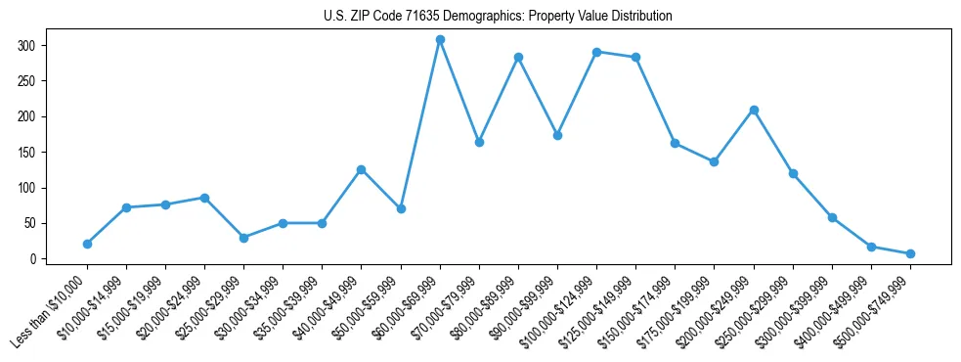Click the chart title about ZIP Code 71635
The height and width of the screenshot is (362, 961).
click(x=498, y=17)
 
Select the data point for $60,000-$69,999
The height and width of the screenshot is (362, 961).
click(x=440, y=40)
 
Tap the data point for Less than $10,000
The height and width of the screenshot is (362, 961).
click(x=87, y=244)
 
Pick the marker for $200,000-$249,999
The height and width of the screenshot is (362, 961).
click(x=754, y=110)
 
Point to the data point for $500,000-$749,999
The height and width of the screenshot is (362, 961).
click(x=910, y=253)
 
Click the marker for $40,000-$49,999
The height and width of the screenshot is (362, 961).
click(x=362, y=169)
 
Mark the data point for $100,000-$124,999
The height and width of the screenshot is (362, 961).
click(x=596, y=52)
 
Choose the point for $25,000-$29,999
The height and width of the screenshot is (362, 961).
click(x=243, y=238)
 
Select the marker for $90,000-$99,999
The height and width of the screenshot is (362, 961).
click(x=557, y=135)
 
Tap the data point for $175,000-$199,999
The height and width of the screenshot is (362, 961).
click(x=714, y=161)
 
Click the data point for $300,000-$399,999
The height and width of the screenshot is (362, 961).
click(x=832, y=217)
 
